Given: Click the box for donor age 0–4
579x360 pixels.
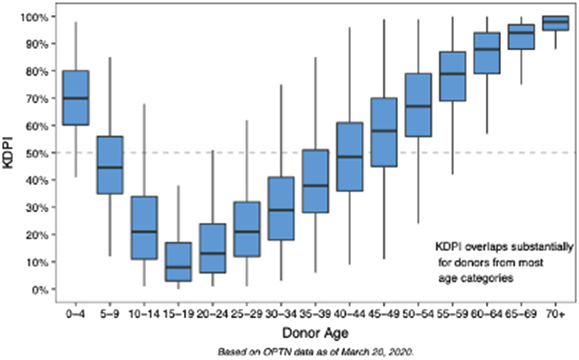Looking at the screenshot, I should (x=76, y=98).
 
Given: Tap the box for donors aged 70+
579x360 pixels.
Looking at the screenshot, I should (x=555, y=23).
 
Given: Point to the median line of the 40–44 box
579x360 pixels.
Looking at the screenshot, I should (x=349, y=157).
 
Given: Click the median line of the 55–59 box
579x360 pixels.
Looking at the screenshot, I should (x=452, y=74).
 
